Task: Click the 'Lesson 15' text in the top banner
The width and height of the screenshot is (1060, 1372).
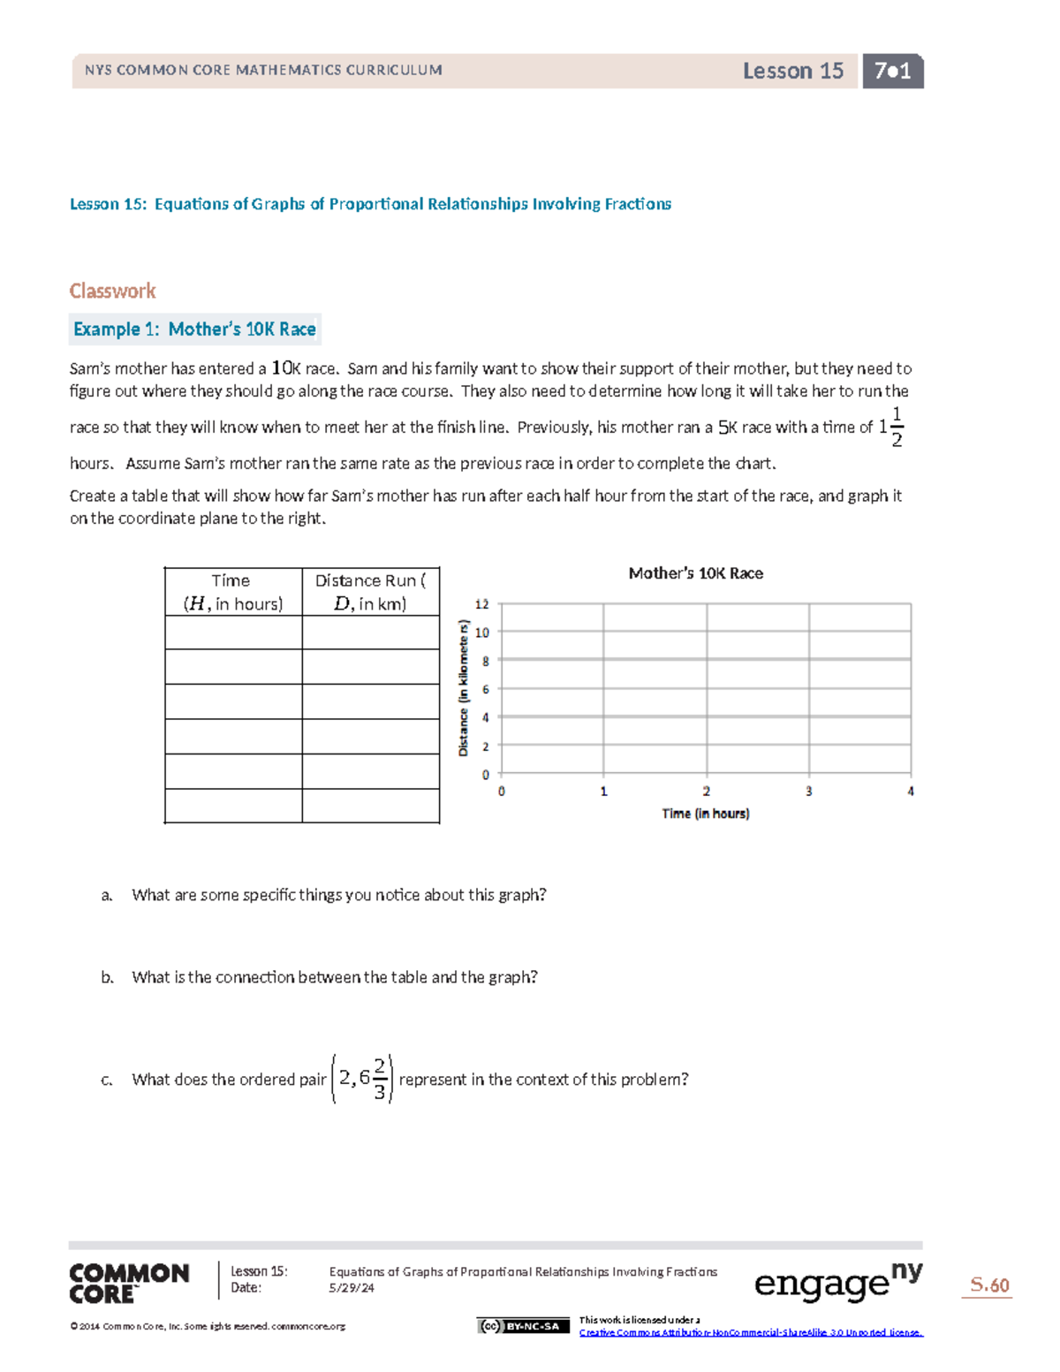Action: coord(792,71)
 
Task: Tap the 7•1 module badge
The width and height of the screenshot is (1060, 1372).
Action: coord(892,71)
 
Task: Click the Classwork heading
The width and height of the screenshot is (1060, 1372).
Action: coord(112,291)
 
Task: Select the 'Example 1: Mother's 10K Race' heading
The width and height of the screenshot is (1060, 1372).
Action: coord(194,329)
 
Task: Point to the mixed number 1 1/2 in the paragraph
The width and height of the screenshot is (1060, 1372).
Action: coord(890,427)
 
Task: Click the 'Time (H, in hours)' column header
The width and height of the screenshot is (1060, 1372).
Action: coord(232,592)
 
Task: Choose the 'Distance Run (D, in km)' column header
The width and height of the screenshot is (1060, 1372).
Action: coord(370,592)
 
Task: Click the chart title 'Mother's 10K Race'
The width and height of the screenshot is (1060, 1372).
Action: coord(695,573)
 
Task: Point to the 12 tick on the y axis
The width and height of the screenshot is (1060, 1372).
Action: coord(481,604)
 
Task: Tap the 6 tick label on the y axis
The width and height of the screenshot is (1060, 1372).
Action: coord(485,689)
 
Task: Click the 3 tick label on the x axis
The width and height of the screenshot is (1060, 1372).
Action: coord(808,792)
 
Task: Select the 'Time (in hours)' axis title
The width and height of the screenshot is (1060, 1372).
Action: coord(705,814)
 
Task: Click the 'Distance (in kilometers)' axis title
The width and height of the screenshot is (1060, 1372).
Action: coord(463,688)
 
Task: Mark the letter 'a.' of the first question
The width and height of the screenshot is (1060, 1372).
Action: coord(107,895)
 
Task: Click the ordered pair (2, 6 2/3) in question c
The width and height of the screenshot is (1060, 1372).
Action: coord(362,1079)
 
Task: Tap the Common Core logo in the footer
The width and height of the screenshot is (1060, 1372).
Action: coord(129,1283)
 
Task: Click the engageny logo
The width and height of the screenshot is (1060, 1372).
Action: coord(837,1283)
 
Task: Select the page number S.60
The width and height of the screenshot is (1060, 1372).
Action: coord(988,1285)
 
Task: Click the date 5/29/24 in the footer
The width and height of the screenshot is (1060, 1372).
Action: coord(352,1288)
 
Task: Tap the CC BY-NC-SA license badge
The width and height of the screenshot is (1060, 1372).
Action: coord(523,1326)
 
